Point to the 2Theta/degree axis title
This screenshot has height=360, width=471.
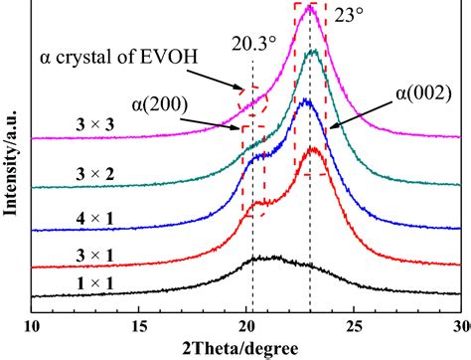coord(247,347)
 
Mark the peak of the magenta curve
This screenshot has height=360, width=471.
coord(310,9)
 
